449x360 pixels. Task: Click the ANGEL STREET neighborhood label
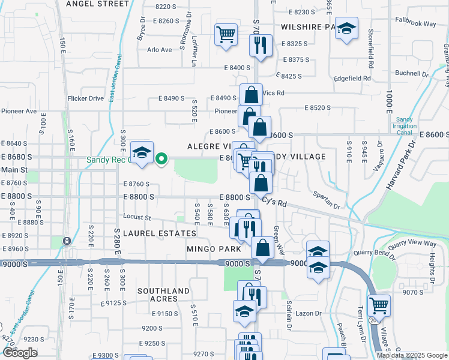pyautogui.click(x=97, y=4)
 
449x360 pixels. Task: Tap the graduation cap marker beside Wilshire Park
pyautogui.click(x=346, y=29)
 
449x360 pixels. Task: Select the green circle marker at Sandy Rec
pyautogui.click(x=161, y=159)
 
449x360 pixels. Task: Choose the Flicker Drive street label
pyautogui.click(x=86, y=98)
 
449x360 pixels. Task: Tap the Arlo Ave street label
pyautogui.click(x=159, y=50)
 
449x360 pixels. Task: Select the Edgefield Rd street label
pyautogui.click(x=353, y=78)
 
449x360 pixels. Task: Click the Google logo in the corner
pyautogui.click(x=20, y=353)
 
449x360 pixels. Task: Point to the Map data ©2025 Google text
pyautogui.click(x=411, y=355)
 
